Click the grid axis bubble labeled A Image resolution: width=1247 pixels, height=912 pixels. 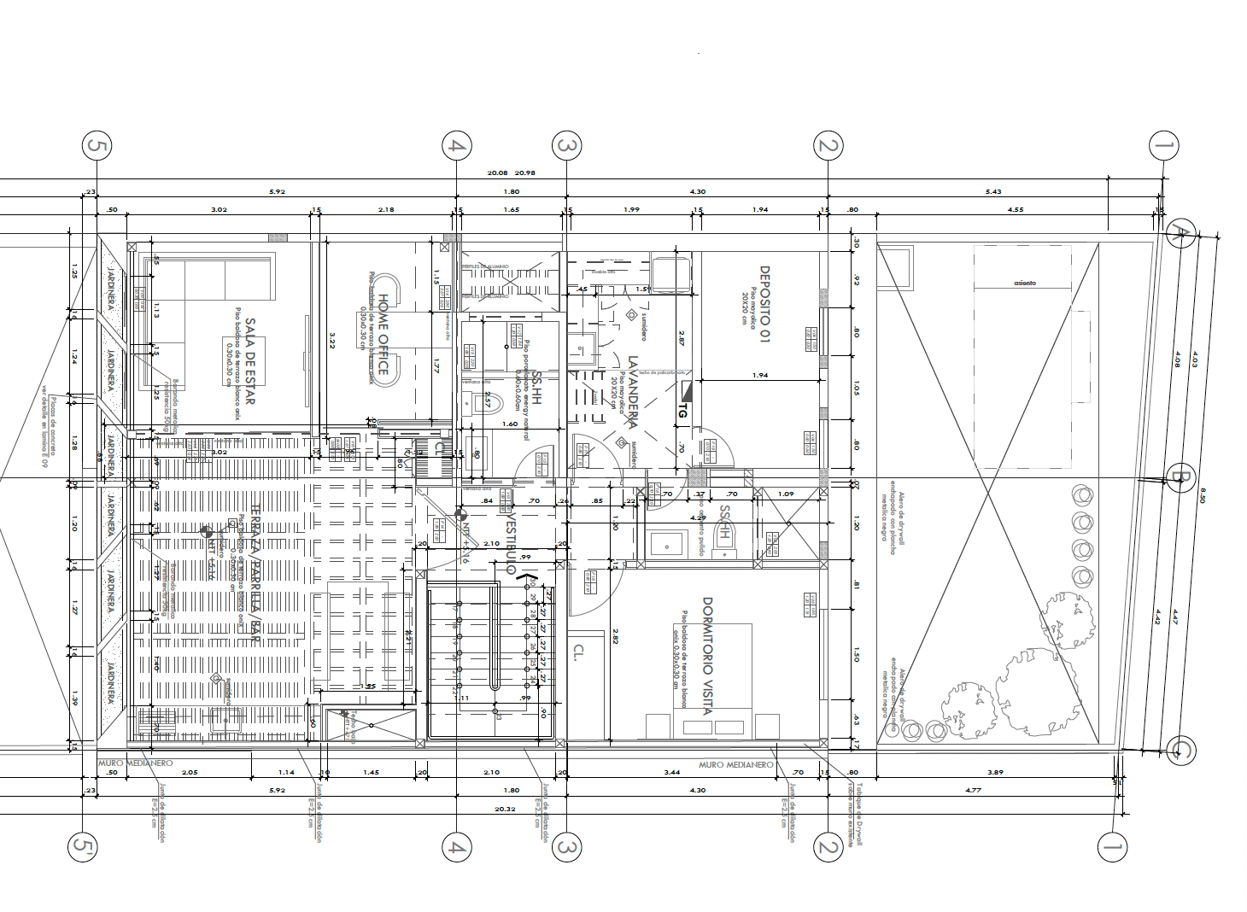pos(1180,233)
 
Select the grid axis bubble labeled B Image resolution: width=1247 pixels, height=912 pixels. pos(1180,477)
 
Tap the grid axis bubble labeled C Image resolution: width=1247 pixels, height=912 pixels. pos(1181,751)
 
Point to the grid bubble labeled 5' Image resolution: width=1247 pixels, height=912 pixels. pos(81,847)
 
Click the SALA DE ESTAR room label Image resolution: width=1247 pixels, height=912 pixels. pos(249,361)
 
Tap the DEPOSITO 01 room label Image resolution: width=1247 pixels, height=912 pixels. pos(764,304)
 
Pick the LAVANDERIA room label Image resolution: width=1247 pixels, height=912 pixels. pos(633,392)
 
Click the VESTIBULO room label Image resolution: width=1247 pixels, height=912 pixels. pos(511,543)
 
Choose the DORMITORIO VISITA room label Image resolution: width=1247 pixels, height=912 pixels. pos(706,656)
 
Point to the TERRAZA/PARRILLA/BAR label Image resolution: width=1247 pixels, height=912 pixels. pos(255,574)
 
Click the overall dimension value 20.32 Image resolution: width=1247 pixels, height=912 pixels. pos(505,809)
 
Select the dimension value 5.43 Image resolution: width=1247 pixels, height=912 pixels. pos(993,191)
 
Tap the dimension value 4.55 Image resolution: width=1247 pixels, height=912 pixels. pos(1016,209)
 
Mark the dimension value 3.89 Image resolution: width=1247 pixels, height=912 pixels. pos(995,772)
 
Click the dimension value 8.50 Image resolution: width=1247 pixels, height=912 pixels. pos(1203,495)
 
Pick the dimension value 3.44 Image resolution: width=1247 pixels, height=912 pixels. pos(672,772)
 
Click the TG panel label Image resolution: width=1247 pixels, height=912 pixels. pos(682,411)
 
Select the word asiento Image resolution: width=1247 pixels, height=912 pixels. pos(1025,283)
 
